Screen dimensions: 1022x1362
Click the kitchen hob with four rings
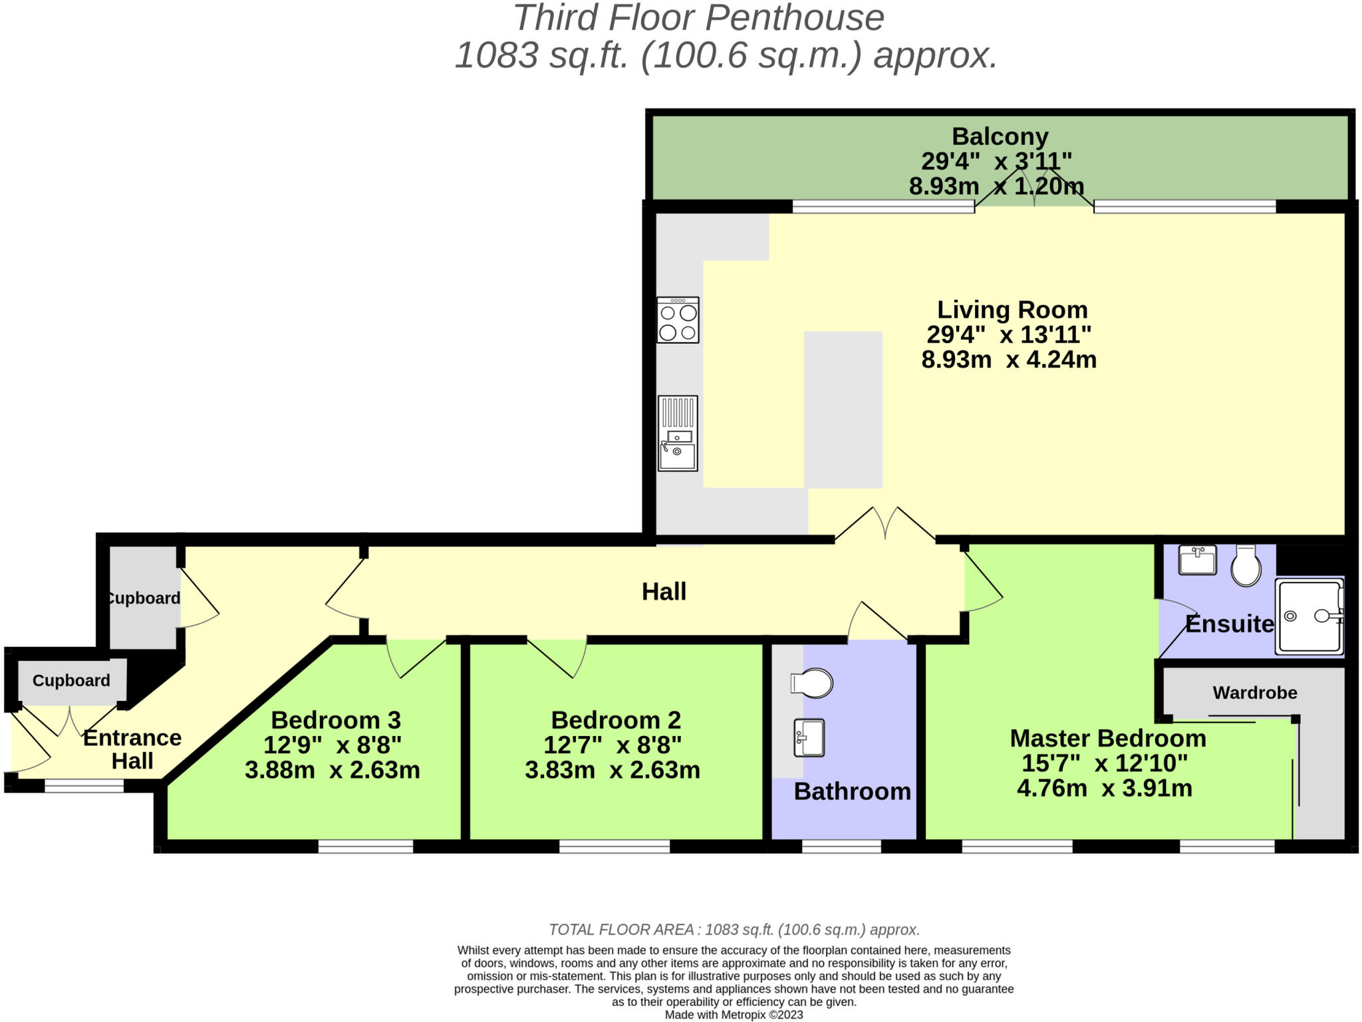pyautogui.click(x=678, y=320)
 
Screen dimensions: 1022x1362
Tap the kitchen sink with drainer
pyautogui.click(x=678, y=434)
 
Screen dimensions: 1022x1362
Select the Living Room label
pyautogui.click(x=1012, y=310)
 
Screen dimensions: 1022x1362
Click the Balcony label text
pyautogui.click(x=1000, y=136)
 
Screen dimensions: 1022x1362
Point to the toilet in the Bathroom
pyautogui.click(x=812, y=683)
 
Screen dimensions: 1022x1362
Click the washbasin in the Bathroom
pyautogui.click(x=809, y=738)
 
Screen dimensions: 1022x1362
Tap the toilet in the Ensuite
pyautogui.click(x=1246, y=566)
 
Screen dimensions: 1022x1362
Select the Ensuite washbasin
pyautogui.click(x=1197, y=559)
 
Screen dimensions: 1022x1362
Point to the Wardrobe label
pyautogui.click(x=1254, y=693)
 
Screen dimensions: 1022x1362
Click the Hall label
pyautogui.click(x=664, y=592)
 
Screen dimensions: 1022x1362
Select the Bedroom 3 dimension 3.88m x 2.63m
pyautogui.click(x=332, y=770)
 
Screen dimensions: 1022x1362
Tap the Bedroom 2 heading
pyautogui.click(x=616, y=720)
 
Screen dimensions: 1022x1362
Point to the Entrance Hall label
pyautogui.click(x=132, y=749)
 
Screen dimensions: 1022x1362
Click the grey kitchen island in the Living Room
pyautogui.click(x=843, y=410)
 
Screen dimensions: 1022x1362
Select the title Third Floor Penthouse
pyautogui.click(x=698, y=18)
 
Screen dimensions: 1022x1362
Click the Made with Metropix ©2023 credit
pyautogui.click(x=734, y=1015)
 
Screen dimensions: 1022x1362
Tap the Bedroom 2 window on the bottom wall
pyautogui.click(x=614, y=846)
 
